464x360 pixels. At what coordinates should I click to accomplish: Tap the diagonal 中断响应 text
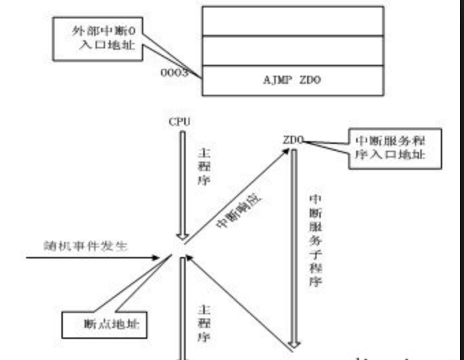[240, 211]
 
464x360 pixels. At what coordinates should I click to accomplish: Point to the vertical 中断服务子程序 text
[315, 239]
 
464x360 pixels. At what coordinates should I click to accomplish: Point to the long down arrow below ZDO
[295, 245]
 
